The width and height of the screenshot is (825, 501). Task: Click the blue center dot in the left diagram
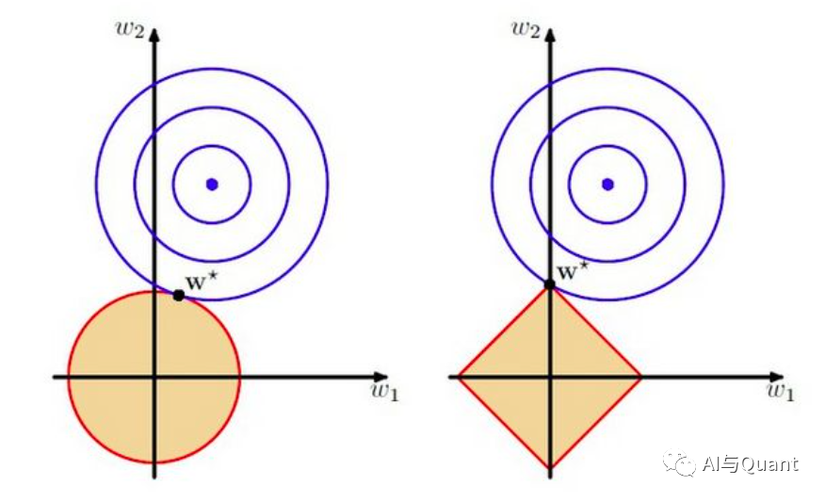coord(212,184)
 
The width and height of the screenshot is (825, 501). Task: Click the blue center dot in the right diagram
coord(607,184)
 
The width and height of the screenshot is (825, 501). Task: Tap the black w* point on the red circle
coord(179,295)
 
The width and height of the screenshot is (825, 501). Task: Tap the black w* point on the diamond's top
coord(550,283)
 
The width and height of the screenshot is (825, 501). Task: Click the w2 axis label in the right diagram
coord(524,26)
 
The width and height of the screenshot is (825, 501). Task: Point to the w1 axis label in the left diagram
coord(384,393)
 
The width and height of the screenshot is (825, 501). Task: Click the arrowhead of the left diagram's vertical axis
coord(154,38)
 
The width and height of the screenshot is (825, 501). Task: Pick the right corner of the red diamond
coord(640,377)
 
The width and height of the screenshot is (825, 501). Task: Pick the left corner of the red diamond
coord(459,377)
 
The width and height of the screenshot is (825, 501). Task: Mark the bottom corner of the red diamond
coord(550,467)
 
